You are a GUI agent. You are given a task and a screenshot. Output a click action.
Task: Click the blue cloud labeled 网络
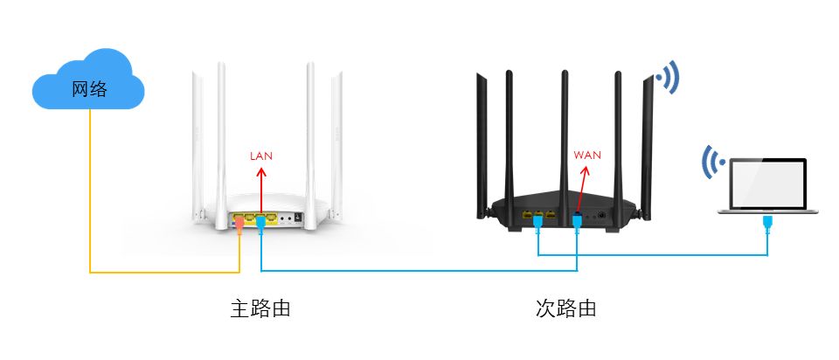(x=87, y=84)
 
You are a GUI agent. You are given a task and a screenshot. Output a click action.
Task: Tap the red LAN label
(x=261, y=156)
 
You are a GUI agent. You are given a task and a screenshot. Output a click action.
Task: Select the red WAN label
(x=587, y=156)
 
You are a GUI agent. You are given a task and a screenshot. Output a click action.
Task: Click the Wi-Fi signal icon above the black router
(x=669, y=78)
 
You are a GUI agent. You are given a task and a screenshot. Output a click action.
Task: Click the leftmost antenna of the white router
(x=198, y=140)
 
